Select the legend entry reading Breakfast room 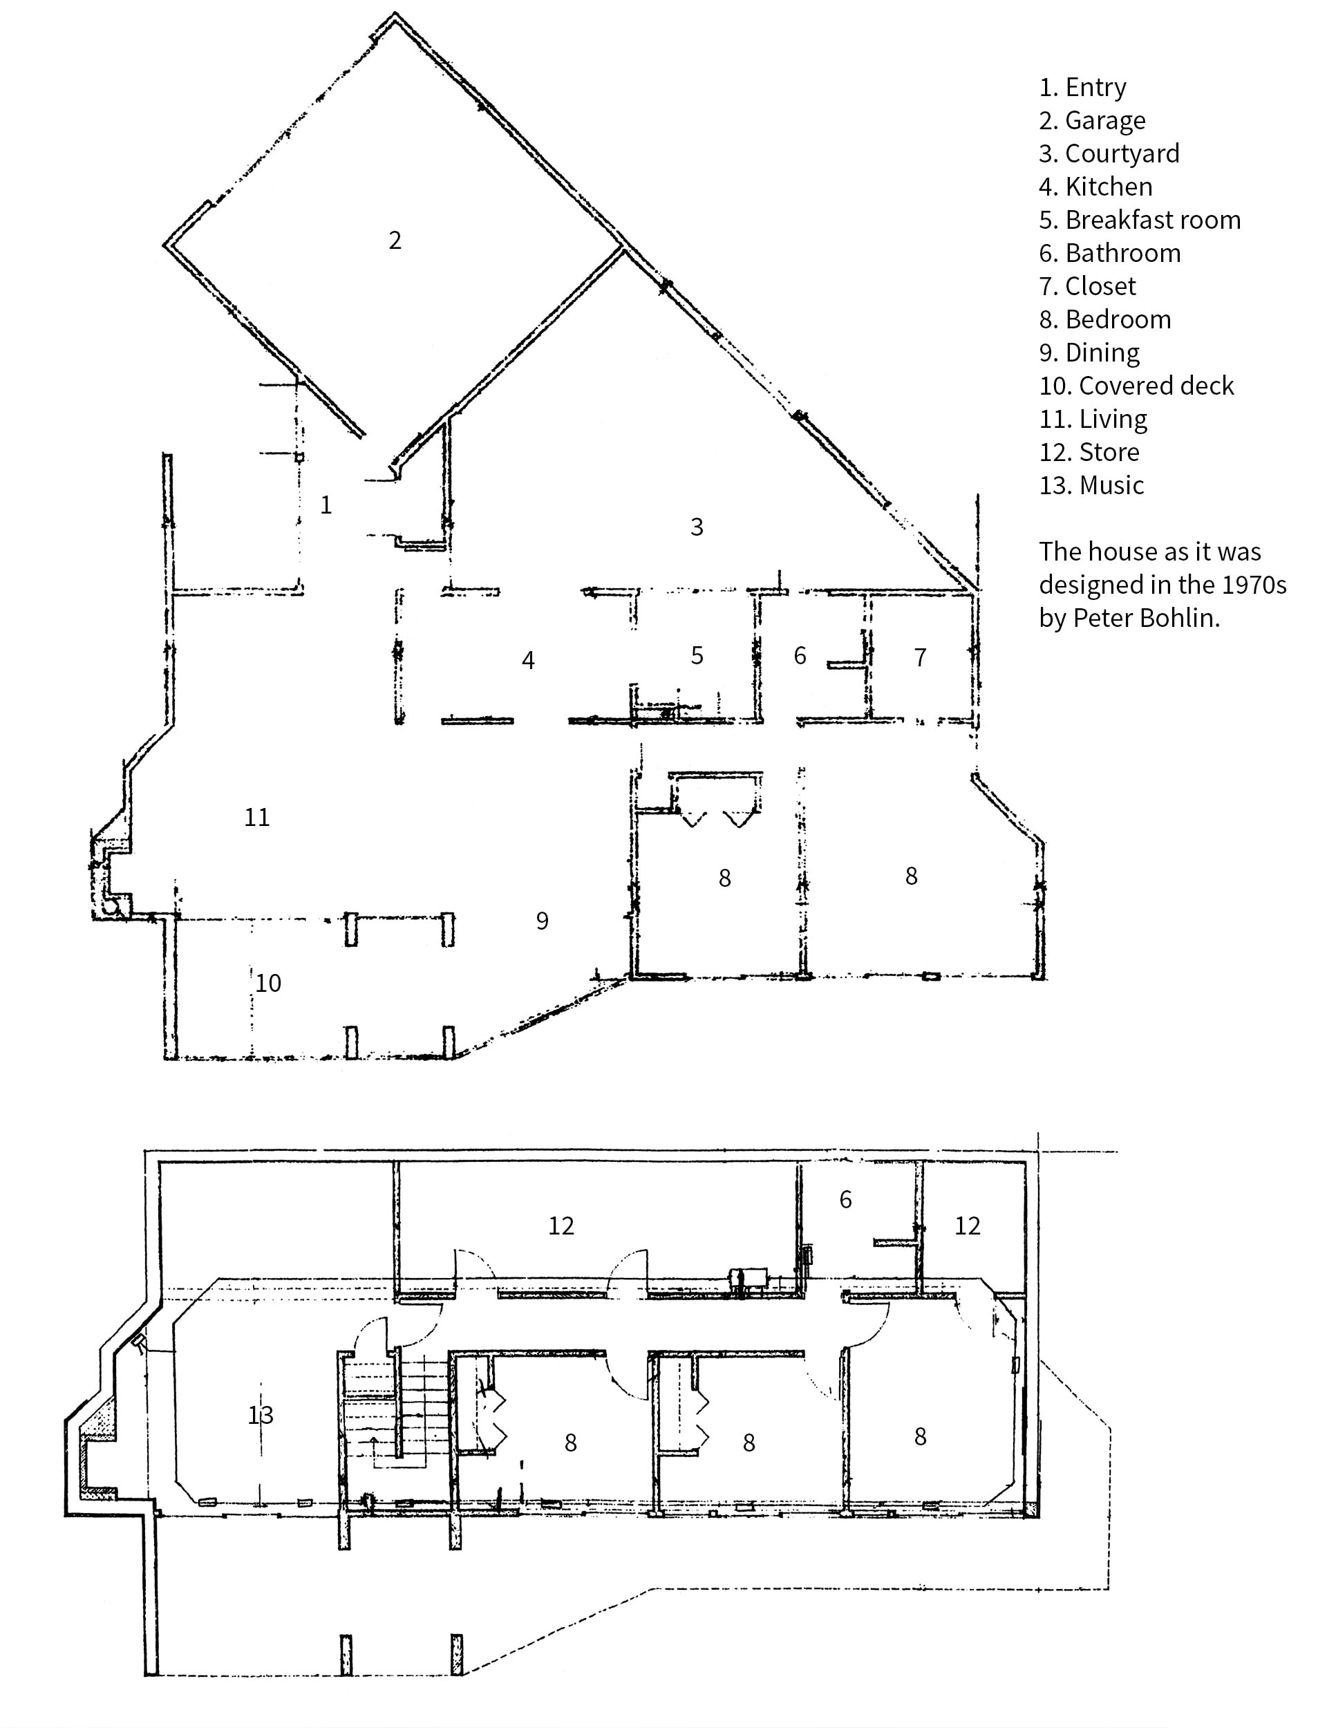1139,220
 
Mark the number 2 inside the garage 395,240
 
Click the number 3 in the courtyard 697,527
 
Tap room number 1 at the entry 326,505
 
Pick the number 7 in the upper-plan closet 919,657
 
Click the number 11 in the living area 256,818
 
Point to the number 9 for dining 542,921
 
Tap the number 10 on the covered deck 267,984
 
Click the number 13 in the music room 261,1416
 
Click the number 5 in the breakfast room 697,655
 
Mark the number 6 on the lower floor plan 845,1200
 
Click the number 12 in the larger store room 561,1225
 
